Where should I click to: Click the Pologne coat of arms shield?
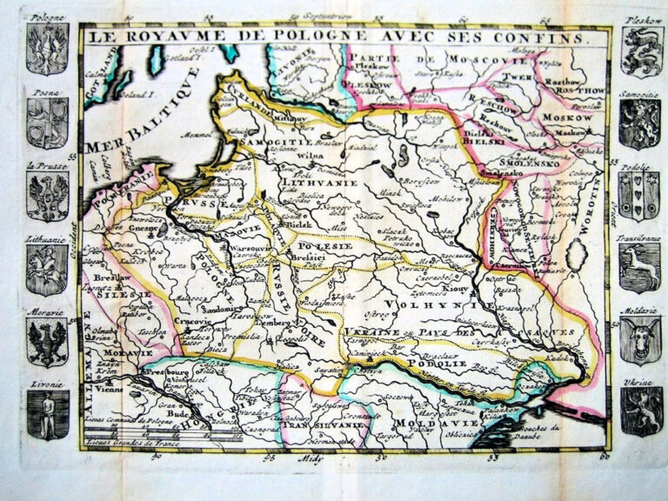point(47,49)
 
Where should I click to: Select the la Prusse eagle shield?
point(47,196)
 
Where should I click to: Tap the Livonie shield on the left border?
point(47,414)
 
